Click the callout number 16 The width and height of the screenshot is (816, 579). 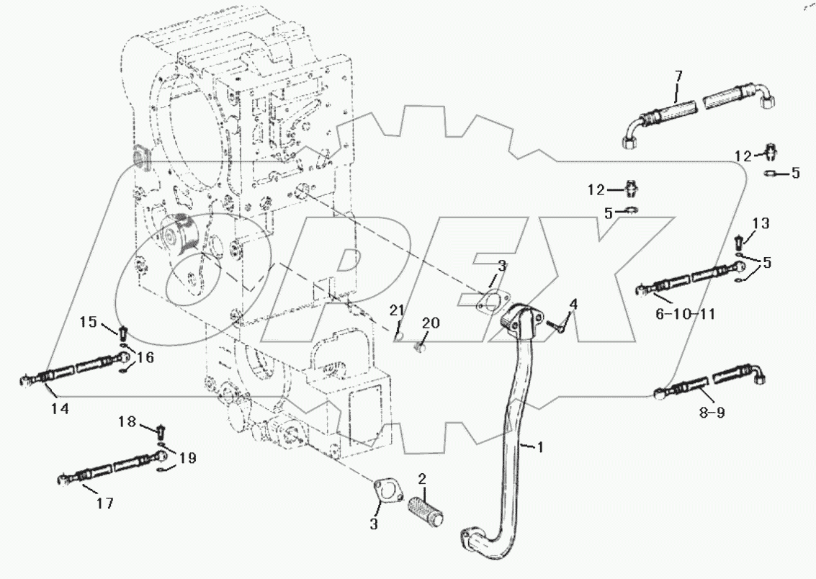[x=145, y=357]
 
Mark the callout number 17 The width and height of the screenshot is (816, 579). [x=105, y=503]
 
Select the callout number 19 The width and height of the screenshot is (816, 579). [x=187, y=457]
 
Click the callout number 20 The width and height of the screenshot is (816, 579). [x=430, y=323]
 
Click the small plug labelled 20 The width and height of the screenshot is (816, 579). [x=421, y=349]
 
